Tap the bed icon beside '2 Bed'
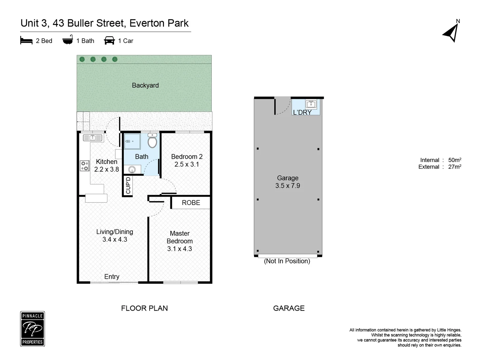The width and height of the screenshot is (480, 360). coord(26,41)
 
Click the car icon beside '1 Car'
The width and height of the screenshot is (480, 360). coord(109,40)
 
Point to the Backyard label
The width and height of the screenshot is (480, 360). coord(145,85)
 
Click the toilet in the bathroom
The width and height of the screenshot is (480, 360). coord(152,141)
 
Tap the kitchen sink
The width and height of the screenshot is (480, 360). coord(93,137)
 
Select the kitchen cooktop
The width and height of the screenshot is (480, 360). coord(85,166)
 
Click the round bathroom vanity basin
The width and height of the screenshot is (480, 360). coord(132,170)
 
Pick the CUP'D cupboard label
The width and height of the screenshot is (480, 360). coord(128,185)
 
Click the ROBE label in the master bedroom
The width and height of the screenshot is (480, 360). coord(191,203)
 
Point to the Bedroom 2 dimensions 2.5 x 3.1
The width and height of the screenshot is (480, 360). coord(187,164)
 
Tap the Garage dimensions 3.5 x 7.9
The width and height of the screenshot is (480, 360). coord(288,186)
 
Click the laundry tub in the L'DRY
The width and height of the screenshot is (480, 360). coord(311,104)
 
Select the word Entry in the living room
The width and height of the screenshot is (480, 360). coord(112,277)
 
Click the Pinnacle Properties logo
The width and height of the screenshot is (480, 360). coord(32,329)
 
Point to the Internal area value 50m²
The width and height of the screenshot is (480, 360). coord(455,160)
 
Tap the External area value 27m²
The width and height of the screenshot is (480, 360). coord(455,167)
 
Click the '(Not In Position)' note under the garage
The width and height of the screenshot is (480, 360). coord(287,261)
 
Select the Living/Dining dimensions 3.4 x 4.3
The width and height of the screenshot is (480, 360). coord(115,239)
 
